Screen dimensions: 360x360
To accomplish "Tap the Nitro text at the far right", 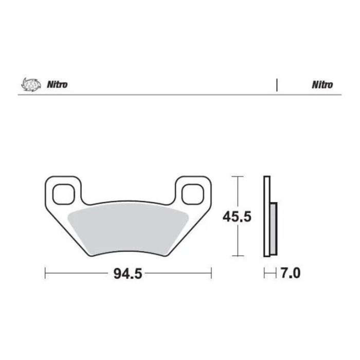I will [x=322, y=85].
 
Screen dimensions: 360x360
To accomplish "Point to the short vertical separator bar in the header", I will [x=277, y=85].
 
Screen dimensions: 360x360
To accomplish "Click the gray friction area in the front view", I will [x=129, y=226].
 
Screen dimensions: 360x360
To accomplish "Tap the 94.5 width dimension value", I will [x=127, y=274].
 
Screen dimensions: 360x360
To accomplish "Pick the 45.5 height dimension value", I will [x=237, y=217].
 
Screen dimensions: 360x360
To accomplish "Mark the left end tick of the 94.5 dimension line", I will [x=45, y=273].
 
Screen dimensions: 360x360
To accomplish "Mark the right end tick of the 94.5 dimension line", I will [x=211, y=273].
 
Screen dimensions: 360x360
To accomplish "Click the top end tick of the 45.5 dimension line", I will [x=237, y=176].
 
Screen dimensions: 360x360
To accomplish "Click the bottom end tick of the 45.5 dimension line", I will [x=237, y=256].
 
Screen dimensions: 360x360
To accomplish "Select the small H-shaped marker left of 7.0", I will [x=267, y=273].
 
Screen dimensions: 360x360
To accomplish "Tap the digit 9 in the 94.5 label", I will [x=117, y=274].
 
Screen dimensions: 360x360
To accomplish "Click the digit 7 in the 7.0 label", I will [x=284, y=273].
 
